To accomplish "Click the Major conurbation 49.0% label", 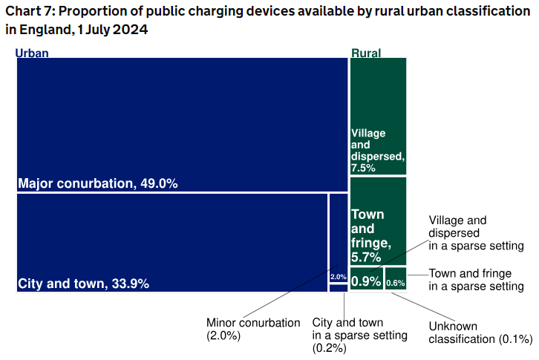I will click(x=97, y=183).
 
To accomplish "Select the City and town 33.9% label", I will click(x=83, y=284).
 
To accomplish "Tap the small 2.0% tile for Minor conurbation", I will click(x=338, y=276).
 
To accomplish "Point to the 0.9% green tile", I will click(x=366, y=281).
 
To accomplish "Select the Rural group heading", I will click(x=366, y=53).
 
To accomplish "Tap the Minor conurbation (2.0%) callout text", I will click(x=252, y=329).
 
